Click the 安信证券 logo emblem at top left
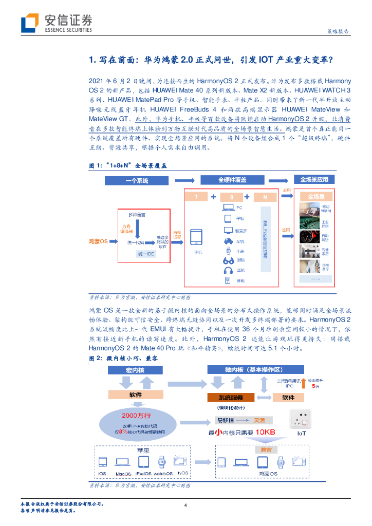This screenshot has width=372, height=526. pos(30,23)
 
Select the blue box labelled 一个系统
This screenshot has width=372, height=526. pos(136,180)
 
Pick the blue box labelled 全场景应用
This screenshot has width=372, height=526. pos(314,180)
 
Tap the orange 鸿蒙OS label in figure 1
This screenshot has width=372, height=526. pos(97,241)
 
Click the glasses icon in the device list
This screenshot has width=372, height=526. pos(228,260)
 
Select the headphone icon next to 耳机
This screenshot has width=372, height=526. pos(228,270)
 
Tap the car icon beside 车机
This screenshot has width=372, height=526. pos(228,240)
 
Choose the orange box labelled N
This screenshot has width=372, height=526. pos(264,197)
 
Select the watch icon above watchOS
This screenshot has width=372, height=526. pos(162,461)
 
